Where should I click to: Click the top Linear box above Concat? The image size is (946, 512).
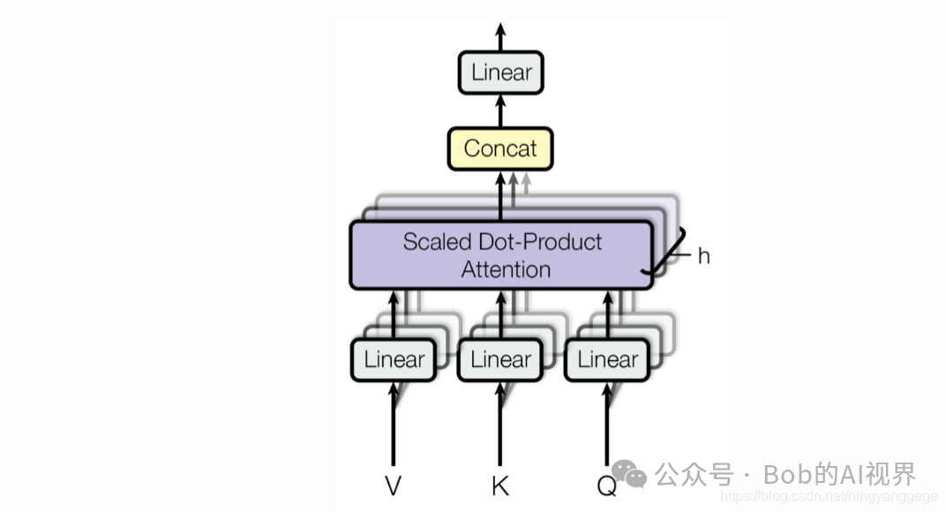click(x=500, y=72)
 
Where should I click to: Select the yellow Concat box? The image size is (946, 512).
click(x=500, y=148)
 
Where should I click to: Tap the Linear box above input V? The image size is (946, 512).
click(x=394, y=360)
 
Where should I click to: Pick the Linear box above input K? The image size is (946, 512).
click(x=500, y=360)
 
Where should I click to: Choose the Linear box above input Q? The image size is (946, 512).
click(x=607, y=360)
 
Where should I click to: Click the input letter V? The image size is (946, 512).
click(x=394, y=486)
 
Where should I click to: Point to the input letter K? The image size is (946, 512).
click(x=500, y=486)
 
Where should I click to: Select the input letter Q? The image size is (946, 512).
click(x=606, y=486)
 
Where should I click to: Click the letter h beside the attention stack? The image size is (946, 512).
click(x=703, y=256)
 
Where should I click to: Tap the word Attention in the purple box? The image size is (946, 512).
click(x=506, y=269)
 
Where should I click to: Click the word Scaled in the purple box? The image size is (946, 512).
click(x=438, y=242)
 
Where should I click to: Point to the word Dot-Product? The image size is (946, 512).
click(x=540, y=242)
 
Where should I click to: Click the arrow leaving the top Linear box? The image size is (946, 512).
click(x=500, y=37)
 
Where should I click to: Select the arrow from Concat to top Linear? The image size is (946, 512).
click(x=500, y=110)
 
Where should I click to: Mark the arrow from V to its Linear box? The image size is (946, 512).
click(x=394, y=424)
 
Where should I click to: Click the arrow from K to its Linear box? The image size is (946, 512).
click(x=500, y=424)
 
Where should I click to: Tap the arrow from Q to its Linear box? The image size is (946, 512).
click(x=607, y=424)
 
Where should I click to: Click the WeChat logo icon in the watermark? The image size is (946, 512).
click(x=629, y=474)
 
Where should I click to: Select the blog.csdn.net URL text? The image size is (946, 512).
click(x=829, y=496)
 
